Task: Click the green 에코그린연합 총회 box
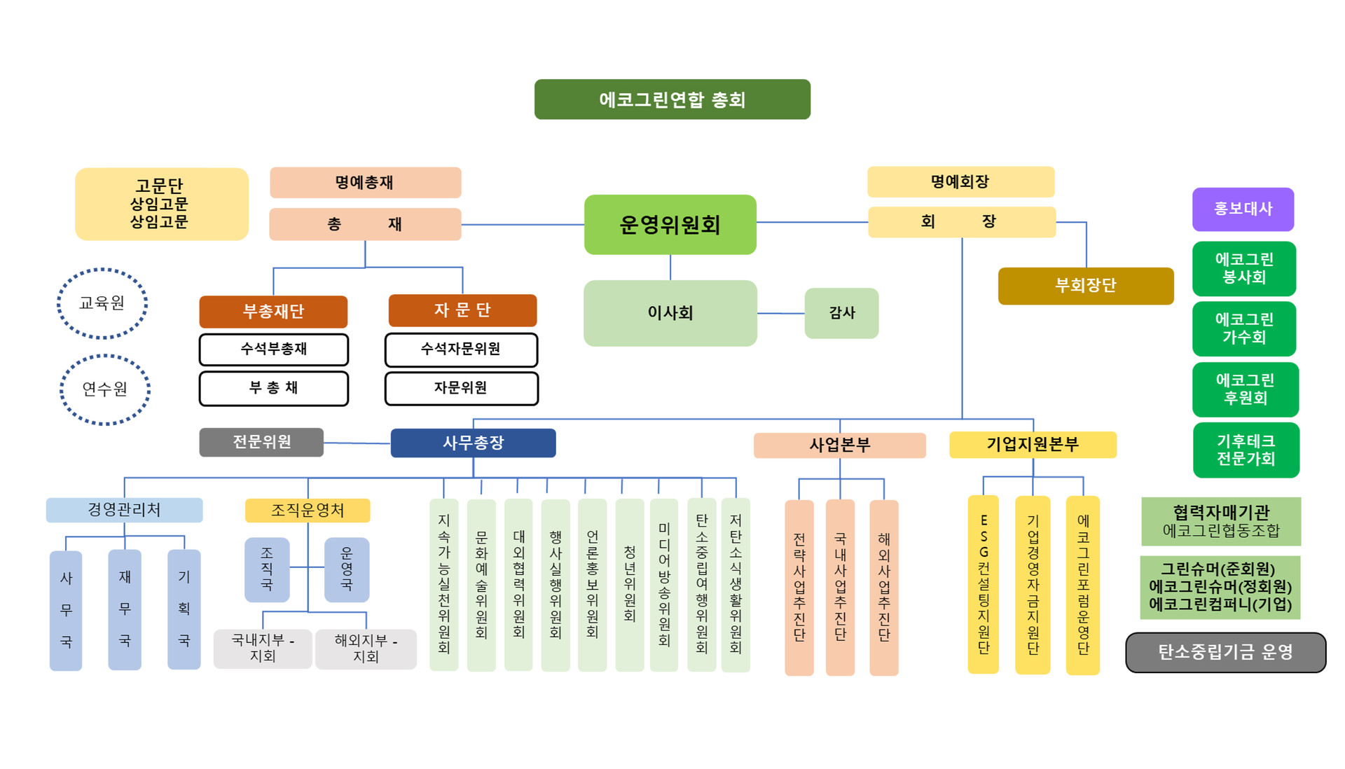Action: (x=672, y=99)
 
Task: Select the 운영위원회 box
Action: (x=670, y=225)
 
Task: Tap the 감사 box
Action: (x=841, y=313)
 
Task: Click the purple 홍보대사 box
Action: (x=1243, y=209)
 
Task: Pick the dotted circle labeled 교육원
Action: (x=102, y=303)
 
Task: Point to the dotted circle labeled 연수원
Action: (x=105, y=389)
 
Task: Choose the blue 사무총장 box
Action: (x=473, y=443)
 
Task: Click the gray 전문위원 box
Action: (x=261, y=442)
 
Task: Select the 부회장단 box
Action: (x=1085, y=286)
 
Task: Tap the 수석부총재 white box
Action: (x=273, y=349)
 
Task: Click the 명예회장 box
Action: (x=960, y=182)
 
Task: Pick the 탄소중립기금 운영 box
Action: (x=1225, y=652)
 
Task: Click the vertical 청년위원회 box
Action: (x=629, y=584)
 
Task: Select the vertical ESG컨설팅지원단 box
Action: (x=984, y=584)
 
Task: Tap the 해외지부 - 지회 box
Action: (x=366, y=649)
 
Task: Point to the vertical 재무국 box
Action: (x=125, y=609)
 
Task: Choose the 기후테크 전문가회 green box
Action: (x=1246, y=450)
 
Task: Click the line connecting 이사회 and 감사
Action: (x=780, y=313)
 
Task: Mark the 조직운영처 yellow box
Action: (x=308, y=510)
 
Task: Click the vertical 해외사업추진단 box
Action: (x=883, y=587)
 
